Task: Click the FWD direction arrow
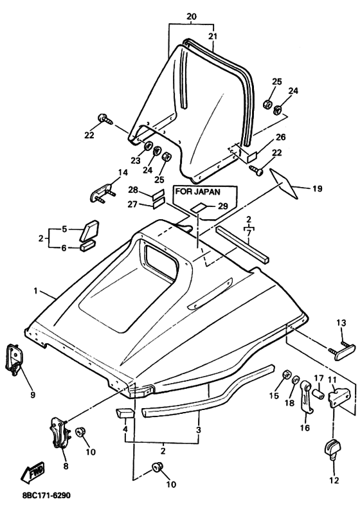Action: coord(32,470)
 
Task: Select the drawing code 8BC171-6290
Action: coord(46,496)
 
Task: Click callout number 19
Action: coord(317,188)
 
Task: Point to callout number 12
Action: coord(334,480)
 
